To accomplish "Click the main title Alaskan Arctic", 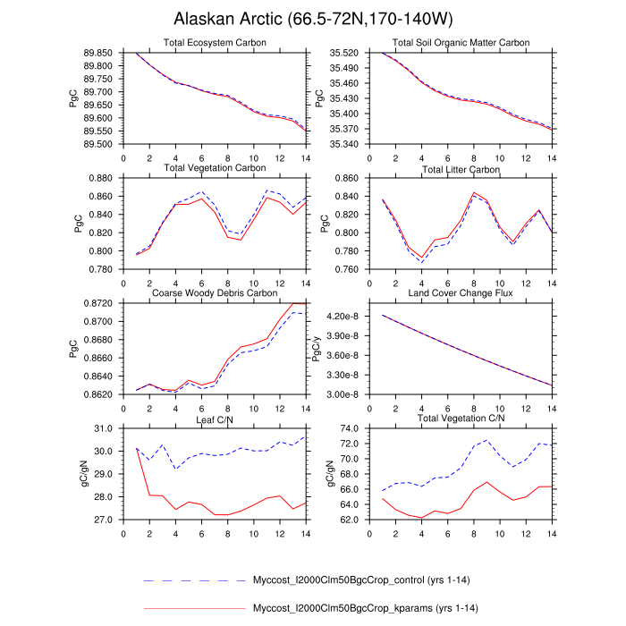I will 312,20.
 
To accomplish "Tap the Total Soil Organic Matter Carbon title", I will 461,43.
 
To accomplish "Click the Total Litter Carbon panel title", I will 461,169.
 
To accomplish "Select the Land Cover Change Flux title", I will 461,293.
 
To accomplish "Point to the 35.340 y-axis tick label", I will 343,144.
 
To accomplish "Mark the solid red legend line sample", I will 194,609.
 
